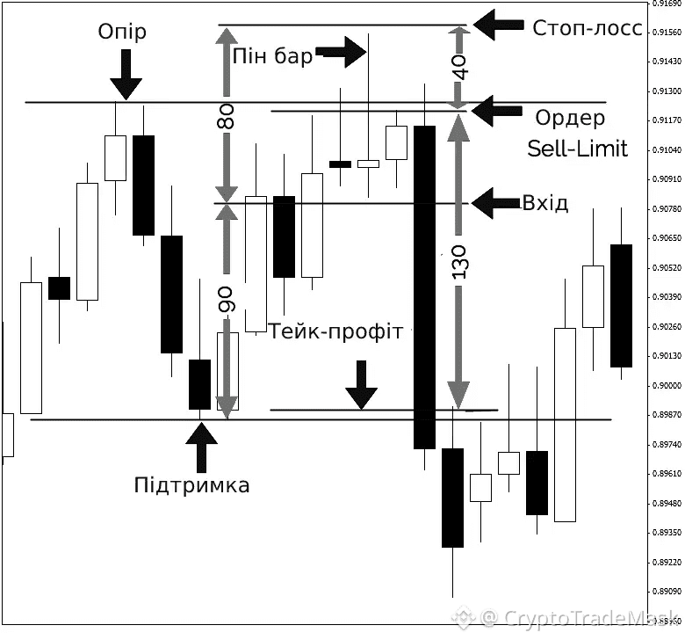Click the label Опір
click(x=123, y=32)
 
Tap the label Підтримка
click(x=191, y=484)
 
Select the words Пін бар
click(x=273, y=56)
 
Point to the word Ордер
click(x=570, y=118)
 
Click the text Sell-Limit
click(x=577, y=148)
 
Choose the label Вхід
click(x=545, y=203)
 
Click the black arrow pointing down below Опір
click(x=126, y=75)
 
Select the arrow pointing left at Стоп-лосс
click(x=496, y=25)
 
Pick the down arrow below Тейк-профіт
click(x=360, y=385)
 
